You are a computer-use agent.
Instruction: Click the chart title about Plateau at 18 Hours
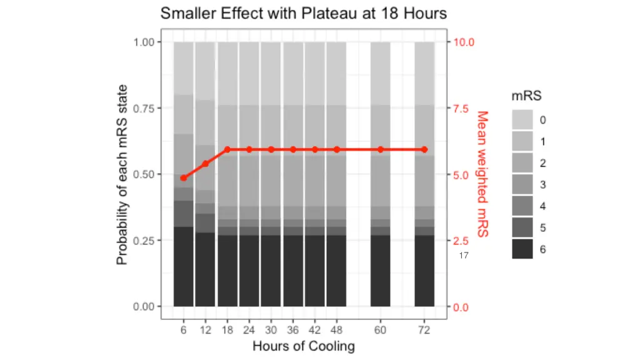click(303, 13)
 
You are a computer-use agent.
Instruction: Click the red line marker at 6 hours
click(183, 178)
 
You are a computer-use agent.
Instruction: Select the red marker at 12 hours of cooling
click(205, 164)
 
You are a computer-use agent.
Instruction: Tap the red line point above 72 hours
click(424, 149)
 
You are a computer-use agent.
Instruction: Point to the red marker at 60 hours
click(381, 149)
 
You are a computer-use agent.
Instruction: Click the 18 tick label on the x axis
click(227, 330)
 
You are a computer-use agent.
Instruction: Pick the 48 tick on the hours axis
click(336, 330)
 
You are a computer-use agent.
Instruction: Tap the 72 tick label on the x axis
click(424, 330)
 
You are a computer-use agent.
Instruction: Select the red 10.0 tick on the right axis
click(464, 42)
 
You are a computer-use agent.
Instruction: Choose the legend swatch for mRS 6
click(522, 249)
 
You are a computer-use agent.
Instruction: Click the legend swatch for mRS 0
click(522, 119)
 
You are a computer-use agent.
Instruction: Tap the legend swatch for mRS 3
click(522, 184)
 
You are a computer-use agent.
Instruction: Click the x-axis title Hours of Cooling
click(303, 346)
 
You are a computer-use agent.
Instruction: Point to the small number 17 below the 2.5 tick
click(464, 256)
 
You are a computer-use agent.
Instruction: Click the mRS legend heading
click(526, 96)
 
